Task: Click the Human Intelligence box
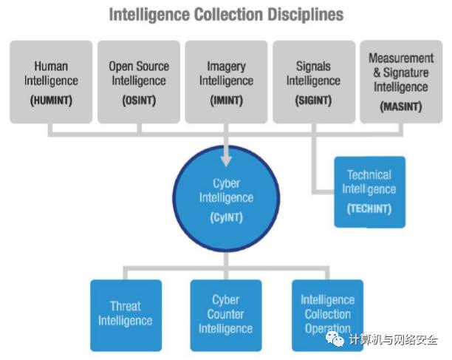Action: [x=51, y=81]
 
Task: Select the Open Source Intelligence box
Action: [x=138, y=81]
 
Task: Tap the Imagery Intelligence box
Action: [x=226, y=81]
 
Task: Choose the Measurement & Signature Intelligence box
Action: [x=401, y=81]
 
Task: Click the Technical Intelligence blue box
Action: [x=369, y=191]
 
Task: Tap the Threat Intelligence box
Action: [x=126, y=314]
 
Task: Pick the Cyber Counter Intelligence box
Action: [x=226, y=314]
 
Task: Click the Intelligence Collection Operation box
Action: [x=327, y=314]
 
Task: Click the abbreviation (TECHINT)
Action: [x=369, y=208]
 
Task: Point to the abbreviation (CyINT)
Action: [x=226, y=218]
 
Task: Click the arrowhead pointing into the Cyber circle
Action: [x=226, y=158]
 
